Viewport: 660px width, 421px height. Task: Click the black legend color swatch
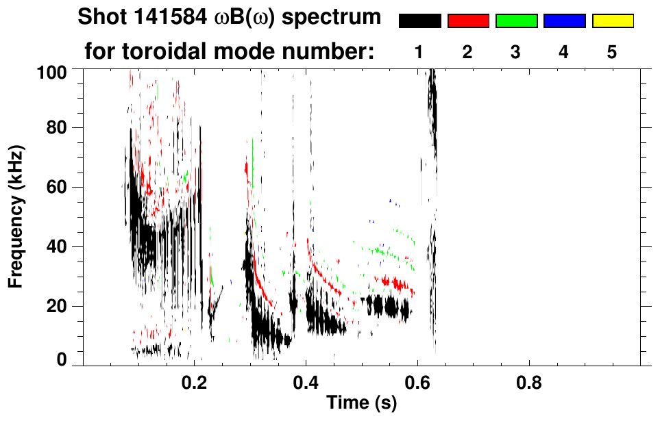pyautogui.click(x=420, y=21)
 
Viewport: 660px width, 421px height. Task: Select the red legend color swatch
pyautogui.click(x=468, y=21)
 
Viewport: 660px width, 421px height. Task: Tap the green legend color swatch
pyautogui.click(x=516, y=21)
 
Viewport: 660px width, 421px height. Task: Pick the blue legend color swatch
pyautogui.click(x=564, y=21)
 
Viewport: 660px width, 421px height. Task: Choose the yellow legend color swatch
pyautogui.click(x=612, y=21)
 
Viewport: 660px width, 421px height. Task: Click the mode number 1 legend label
pyautogui.click(x=420, y=52)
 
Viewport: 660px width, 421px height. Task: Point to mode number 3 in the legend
pyautogui.click(x=516, y=52)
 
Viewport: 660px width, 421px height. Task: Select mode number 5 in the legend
pyautogui.click(x=612, y=52)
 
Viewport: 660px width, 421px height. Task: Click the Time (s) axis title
pyautogui.click(x=361, y=403)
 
